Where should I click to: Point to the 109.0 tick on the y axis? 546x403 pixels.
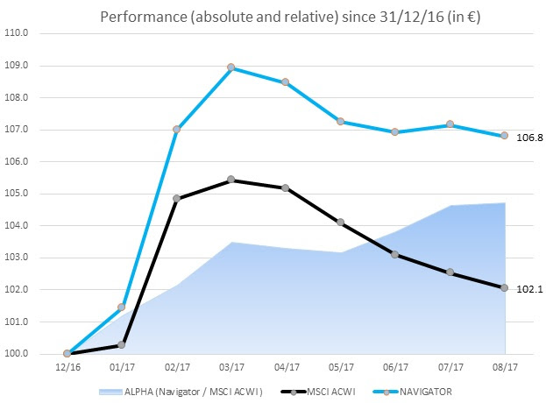tap(18, 66)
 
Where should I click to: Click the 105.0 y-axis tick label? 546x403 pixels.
tap(18, 194)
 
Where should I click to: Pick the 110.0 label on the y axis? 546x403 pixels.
tap(18, 33)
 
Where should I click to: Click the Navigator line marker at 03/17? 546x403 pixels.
tap(231, 67)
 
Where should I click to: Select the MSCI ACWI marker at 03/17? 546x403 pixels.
tap(231, 180)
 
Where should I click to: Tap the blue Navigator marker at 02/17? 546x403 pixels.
tap(176, 130)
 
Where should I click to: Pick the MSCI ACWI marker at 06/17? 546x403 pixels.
tap(395, 255)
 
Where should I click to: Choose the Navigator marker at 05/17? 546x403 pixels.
tap(341, 122)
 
